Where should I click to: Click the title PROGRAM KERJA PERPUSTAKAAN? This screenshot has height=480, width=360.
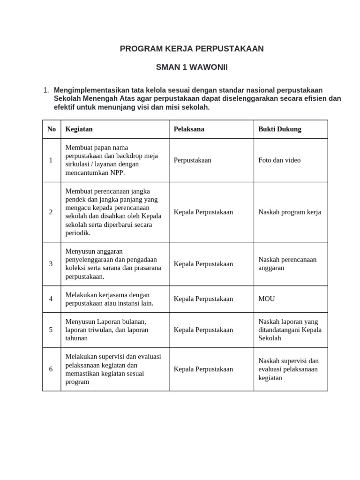192,49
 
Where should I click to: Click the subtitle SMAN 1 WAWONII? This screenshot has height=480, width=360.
192,67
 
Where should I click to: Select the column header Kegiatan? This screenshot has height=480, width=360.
79,129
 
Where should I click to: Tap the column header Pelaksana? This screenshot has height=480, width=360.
189,129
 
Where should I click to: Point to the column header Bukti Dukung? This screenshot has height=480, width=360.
280,129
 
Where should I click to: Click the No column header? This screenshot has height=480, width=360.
52,129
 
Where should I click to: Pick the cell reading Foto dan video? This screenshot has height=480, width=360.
279,160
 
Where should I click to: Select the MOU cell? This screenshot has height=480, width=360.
267,299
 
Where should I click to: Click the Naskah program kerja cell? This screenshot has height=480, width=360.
290,212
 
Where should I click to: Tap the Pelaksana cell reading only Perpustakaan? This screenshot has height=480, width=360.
192,160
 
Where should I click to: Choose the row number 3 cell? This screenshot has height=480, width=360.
51,264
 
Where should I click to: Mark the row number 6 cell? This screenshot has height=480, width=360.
51,369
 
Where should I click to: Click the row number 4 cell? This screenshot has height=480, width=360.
51,299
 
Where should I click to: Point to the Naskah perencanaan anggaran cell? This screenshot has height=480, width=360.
287,264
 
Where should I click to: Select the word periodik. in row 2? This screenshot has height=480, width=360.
78,233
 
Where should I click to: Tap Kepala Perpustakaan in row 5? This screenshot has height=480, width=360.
203,330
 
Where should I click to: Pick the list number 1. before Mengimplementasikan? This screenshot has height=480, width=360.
46,90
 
